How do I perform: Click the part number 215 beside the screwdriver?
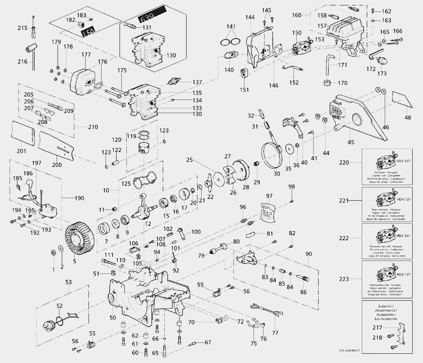coord(23,28)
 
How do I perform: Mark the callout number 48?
coord(408,117)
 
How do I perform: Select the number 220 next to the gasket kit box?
coord(344,163)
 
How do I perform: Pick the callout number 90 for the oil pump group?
coord(309,254)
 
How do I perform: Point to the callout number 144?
coord(250,17)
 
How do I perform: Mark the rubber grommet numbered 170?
coord(327,83)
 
